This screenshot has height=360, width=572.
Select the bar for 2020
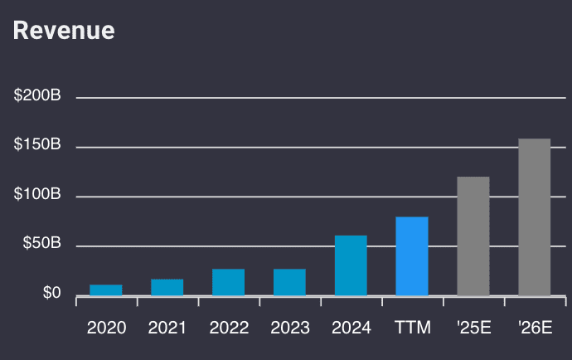pos(106,290)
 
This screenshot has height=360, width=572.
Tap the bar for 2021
pos(167,287)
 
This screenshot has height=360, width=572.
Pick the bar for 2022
pos(228,282)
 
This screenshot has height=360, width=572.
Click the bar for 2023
pos(289,282)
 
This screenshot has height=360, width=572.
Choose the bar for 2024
pos(351,265)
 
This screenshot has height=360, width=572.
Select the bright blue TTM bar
pos(412,256)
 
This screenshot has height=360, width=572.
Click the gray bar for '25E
pos(473,236)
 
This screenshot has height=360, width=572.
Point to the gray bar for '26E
pos(535,217)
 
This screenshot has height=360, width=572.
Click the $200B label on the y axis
pos(37,96)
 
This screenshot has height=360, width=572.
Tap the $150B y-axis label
pos(37,145)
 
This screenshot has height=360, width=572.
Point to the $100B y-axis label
pos(37,195)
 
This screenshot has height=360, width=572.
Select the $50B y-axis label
pos(41,244)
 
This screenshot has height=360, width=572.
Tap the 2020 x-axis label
pos(106,328)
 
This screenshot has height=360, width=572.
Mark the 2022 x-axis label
pos(228,328)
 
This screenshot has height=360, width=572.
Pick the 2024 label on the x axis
pos(351,328)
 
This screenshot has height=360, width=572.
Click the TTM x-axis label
pos(412,328)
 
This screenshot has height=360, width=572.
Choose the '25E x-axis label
pos(473,328)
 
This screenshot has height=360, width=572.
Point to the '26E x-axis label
pos(535,328)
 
